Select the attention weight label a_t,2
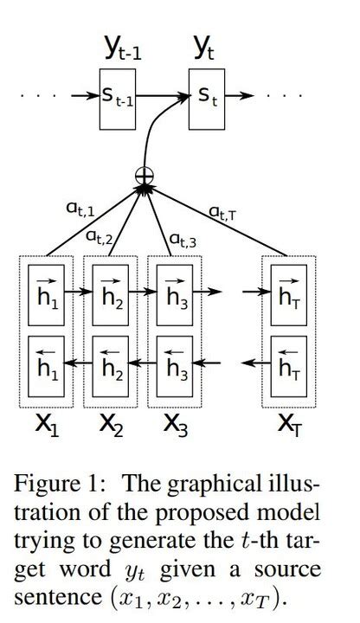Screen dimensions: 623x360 click(x=99, y=235)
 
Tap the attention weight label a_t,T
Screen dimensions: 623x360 click(x=222, y=210)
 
